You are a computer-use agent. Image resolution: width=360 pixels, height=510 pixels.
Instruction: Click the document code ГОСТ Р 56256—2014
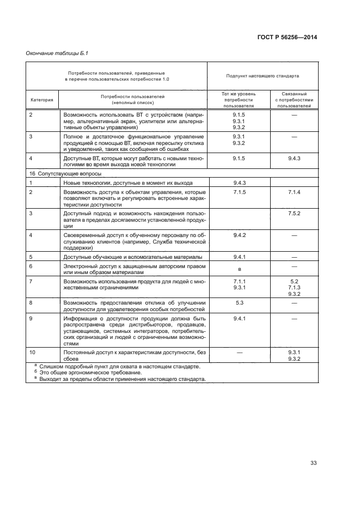pyautogui.click(x=286, y=38)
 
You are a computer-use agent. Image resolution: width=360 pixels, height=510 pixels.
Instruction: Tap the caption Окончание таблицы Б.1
pyautogui.click(x=57, y=53)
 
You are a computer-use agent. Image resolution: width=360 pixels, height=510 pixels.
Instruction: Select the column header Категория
pyautogui.click(x=41, y=100)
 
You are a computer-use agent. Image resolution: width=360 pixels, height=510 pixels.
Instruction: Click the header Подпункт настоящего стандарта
pyautogui.click(x=263, y=76)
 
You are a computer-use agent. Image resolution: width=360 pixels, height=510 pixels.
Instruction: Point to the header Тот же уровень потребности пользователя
pyautogui.click(x=238, y=100)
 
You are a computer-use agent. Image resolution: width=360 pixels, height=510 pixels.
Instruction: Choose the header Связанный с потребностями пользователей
pyautogui.click(x=294, y=100)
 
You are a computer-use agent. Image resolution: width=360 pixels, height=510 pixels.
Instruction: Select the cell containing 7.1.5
pyautogui.click(x=238, y=193)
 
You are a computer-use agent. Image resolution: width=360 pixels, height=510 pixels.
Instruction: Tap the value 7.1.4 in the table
pyautogui.click(x=294, y=193)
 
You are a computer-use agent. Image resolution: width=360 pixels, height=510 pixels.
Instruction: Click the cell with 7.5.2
pyautogui.click(x=294, y=213)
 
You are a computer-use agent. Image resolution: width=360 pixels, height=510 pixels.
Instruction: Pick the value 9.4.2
pyautogui.click(x=238, y=234)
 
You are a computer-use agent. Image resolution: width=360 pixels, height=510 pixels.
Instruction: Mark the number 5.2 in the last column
pyautogui.click(x=294, y=281)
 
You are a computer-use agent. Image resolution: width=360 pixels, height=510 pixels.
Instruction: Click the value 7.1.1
pyautogui.click(x=238, y=281)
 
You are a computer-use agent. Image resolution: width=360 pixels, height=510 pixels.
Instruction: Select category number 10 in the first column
pyautogui.click(x=32, y=353)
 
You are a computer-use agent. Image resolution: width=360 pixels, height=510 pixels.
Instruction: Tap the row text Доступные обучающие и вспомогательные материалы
pyautogui.click(x=133, y=257)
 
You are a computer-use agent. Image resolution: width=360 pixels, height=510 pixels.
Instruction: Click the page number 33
pyautogui.click(x=313, y=463)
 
